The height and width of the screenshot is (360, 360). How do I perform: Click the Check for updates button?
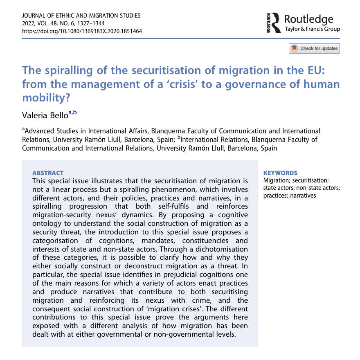pyautogui.click(x=314, y=48)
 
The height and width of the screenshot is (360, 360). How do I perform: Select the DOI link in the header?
pyautogui.click(x=82, y=31)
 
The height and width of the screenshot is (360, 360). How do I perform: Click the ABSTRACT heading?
pyautogui.click(x=48, y=173)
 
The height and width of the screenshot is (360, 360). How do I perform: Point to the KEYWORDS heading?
pyautogui.click(x=280, y=173)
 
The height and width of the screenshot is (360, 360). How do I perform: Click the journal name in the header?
pyautogui.click(x=81, y=16)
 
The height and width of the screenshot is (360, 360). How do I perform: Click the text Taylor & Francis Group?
pyautogui.click(x=312, y=29)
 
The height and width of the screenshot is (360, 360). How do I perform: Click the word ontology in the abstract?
pyautogui.click(x=47, y=224)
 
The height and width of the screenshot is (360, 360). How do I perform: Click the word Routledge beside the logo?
pyautogui.click(x=308, y=18)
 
